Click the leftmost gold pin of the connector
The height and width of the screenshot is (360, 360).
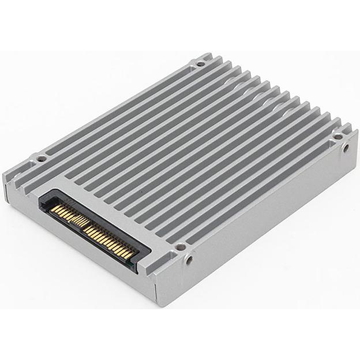click(51, 208)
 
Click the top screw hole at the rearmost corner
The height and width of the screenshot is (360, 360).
click(200, 63)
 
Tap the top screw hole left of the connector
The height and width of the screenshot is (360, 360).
click(40, 157)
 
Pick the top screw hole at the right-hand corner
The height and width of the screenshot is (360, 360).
click(337, 137)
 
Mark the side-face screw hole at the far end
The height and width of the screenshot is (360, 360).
click(346, 148)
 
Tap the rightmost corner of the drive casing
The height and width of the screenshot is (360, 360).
click(357, 134)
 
